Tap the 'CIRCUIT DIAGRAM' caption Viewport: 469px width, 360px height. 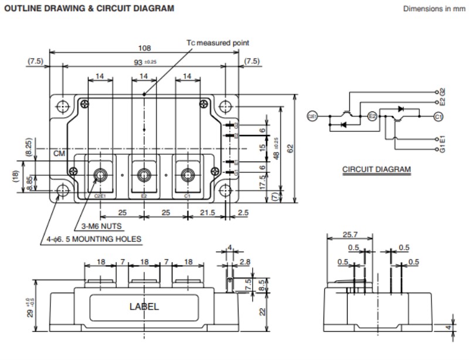pos(376,170)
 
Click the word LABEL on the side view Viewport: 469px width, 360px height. pos(144,306)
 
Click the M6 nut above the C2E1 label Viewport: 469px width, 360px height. pos(100,174)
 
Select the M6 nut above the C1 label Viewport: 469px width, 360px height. pos(188,174)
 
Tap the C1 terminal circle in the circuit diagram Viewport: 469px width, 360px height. pos(438,117)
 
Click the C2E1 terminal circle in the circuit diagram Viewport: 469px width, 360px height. pos(312,117)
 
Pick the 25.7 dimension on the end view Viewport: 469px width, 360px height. pos(349,235)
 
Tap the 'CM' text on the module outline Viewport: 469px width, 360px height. pos(59,153)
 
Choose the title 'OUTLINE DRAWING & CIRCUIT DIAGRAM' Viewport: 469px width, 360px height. pos(89,9)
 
